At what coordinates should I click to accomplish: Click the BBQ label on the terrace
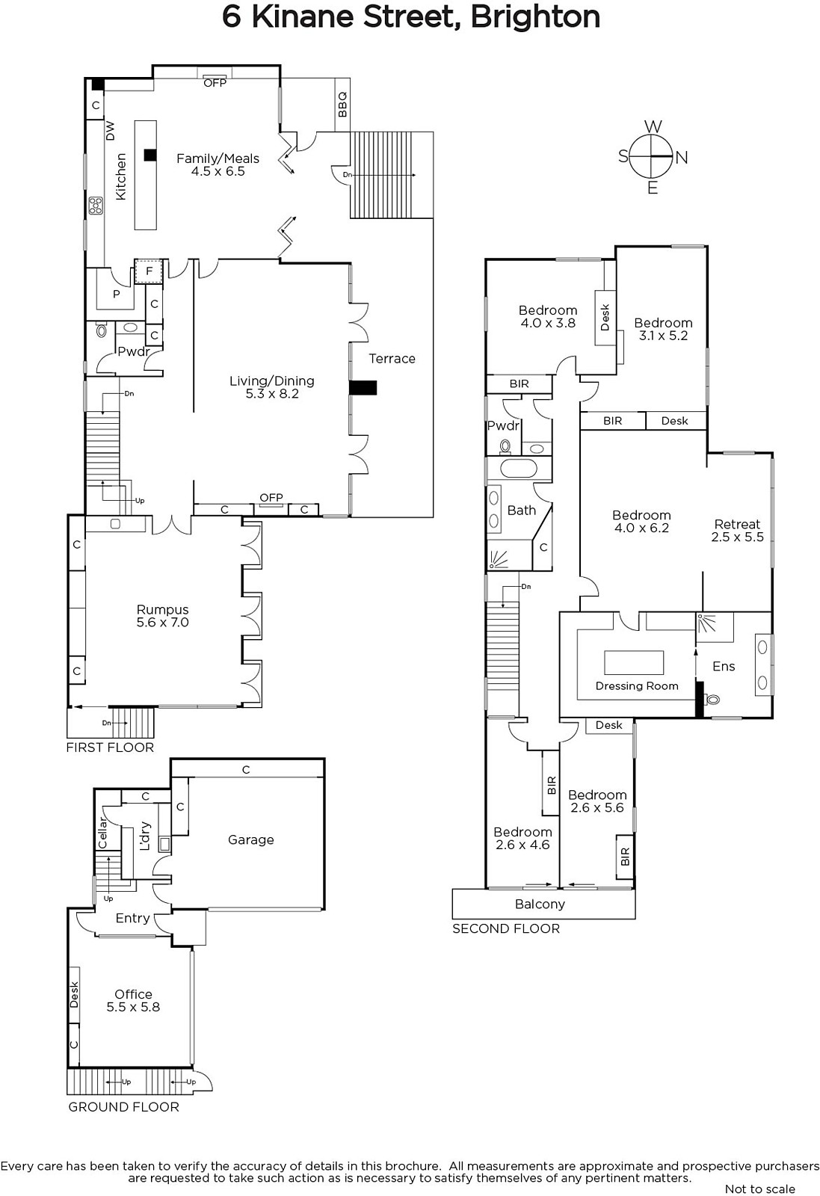coord(343,105)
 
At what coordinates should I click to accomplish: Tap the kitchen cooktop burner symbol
coord(96,206)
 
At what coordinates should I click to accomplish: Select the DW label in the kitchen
coord(110,130)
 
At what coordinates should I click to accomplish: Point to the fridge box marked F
coord(149,271)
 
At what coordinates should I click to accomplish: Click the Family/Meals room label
coord(218,164)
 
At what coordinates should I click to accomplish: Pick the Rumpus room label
coord(163,616)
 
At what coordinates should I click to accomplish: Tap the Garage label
coord(251,839)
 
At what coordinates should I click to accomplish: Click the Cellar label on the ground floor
coord(102,833)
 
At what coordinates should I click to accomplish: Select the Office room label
coord(134,1000)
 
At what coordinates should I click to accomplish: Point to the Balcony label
coord(540,904)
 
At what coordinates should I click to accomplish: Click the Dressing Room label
coord(637,686)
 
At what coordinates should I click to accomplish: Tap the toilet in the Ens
coord(712,698)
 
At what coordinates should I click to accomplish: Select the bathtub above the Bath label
coord(518,469)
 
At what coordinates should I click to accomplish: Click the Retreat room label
coord(737,530)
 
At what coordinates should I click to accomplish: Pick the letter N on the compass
coord(682,158)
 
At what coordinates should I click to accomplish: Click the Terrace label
coord(392,358)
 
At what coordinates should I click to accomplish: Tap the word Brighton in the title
coord(535,17)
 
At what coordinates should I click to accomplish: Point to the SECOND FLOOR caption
coord(506,928)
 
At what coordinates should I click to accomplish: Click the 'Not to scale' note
coord(760,1189)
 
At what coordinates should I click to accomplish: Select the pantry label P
coord(117,294)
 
